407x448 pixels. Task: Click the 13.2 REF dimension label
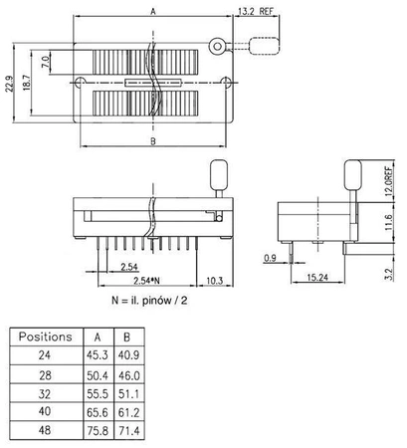pyautogui.click(x=254, y=13)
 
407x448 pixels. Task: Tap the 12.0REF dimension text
pyautogui.click(x=388, y=183)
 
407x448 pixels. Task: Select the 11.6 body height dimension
pyautogui.click(x=388, y=227)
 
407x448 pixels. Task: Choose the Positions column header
pyautogui.click(x=45, y=336)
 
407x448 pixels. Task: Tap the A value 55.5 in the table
pyautogui.click(x=97, y=391)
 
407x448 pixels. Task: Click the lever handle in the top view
pyautogui.click(x=263, y=46)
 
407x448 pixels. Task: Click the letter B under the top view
pyautogui.click(x=152, y=141)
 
